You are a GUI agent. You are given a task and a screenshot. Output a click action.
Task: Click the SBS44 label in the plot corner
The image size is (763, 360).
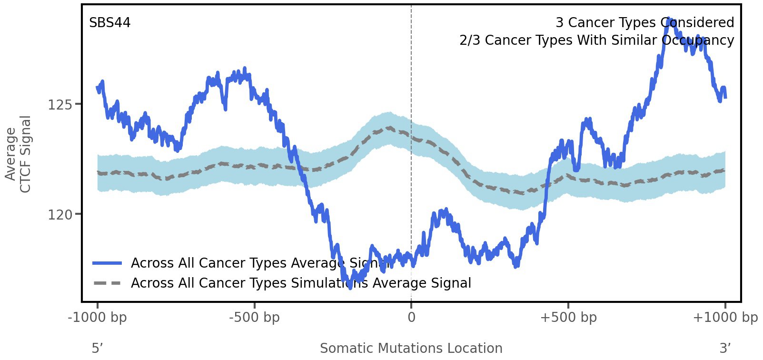[x=109, y=23]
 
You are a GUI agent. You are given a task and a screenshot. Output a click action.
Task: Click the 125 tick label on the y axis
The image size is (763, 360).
[x=60, y=104]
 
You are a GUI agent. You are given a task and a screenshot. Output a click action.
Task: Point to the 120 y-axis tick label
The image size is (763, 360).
[x=60, y=215]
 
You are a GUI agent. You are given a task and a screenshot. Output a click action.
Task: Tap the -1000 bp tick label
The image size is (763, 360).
[x=98, y=318]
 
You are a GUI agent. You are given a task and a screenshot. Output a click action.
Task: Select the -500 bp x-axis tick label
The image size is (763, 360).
[x=254, y=318]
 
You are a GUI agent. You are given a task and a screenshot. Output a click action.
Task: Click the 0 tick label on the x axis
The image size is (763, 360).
[x=411, y=318]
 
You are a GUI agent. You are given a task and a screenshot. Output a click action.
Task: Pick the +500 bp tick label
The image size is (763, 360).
[x=568, y=318]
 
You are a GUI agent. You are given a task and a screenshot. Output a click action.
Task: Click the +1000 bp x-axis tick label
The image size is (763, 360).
[x=725, y=318]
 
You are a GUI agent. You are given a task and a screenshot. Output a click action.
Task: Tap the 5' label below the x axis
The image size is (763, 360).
[x=97, y=348]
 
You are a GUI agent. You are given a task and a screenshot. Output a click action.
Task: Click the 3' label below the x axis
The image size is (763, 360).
[x=725, y=348]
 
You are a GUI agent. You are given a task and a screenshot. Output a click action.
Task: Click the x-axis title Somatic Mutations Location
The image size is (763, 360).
[x=411, y=348]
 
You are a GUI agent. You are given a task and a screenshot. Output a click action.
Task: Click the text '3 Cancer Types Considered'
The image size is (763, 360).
[x=644, y=23]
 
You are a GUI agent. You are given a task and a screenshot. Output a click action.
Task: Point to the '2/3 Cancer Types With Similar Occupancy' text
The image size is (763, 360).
[x=596, y=40]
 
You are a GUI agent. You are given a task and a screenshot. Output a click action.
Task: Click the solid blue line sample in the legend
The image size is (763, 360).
[x=108, y=263]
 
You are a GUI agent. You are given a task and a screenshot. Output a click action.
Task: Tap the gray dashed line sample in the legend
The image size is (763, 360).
[x=108, y=283]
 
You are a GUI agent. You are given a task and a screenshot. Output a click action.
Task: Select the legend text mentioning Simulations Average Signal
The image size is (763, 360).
[x=301, y=283]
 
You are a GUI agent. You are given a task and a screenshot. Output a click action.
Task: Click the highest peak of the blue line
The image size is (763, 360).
[x=669, y=20]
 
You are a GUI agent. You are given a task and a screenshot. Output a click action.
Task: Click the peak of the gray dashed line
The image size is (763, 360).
[x=390, y=128]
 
